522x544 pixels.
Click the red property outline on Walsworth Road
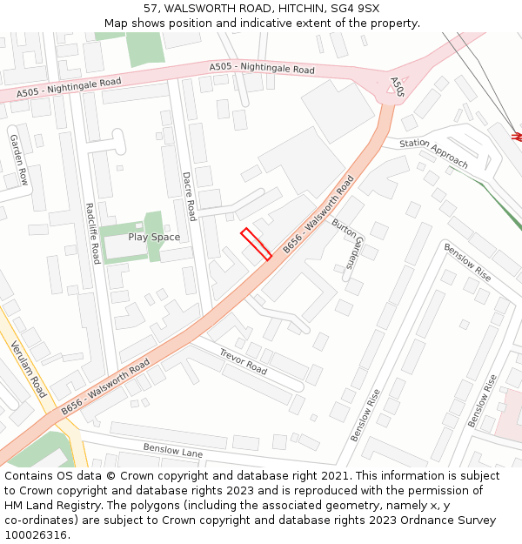coord(256,244)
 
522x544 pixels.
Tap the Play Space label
coord(154,237)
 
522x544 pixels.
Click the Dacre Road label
coord(190,196)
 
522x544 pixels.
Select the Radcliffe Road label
coord(92,233)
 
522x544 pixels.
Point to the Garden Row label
coord(18,159)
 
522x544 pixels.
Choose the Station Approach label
coord(433,153)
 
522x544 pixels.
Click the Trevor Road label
coord(243,362)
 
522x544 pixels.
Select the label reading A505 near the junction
coord(397,86)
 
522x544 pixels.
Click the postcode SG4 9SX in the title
coord(358,9)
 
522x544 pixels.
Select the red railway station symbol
coord(518,136)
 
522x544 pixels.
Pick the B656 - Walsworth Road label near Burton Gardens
coord(318,215)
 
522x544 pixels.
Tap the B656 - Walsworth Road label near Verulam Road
coord(104,386)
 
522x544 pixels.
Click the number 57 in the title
coord(151,9)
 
